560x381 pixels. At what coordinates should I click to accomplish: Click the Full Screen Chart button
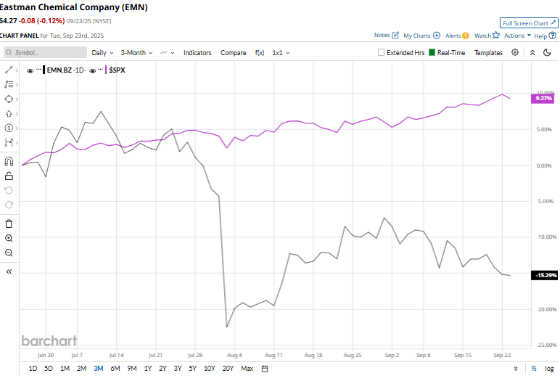coord(529,23)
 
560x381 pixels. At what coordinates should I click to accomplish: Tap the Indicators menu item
coord(197,53)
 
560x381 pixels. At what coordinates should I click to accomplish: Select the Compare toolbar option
coord(233,53)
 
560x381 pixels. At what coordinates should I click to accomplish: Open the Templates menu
coord(488,53)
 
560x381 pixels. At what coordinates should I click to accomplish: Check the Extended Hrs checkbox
coord(382,53)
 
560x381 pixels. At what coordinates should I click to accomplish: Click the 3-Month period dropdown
coord(136,53)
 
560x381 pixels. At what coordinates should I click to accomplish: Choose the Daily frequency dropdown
coord(101,53)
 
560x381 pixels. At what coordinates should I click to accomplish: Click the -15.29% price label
coord(545,275)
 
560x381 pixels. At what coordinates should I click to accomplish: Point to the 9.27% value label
coord(543,98)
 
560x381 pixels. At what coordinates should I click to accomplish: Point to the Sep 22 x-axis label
coord(503,356)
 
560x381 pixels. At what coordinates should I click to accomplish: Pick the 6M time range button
coord(115,369)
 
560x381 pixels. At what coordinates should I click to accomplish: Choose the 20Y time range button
coord(228,369)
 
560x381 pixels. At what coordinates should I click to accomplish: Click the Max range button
coord(247,369)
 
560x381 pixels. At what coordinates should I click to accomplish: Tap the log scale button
coord(549,369)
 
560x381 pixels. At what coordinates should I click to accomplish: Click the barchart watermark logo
coord(49,340)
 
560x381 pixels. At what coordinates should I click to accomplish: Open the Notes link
coord(387,35)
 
